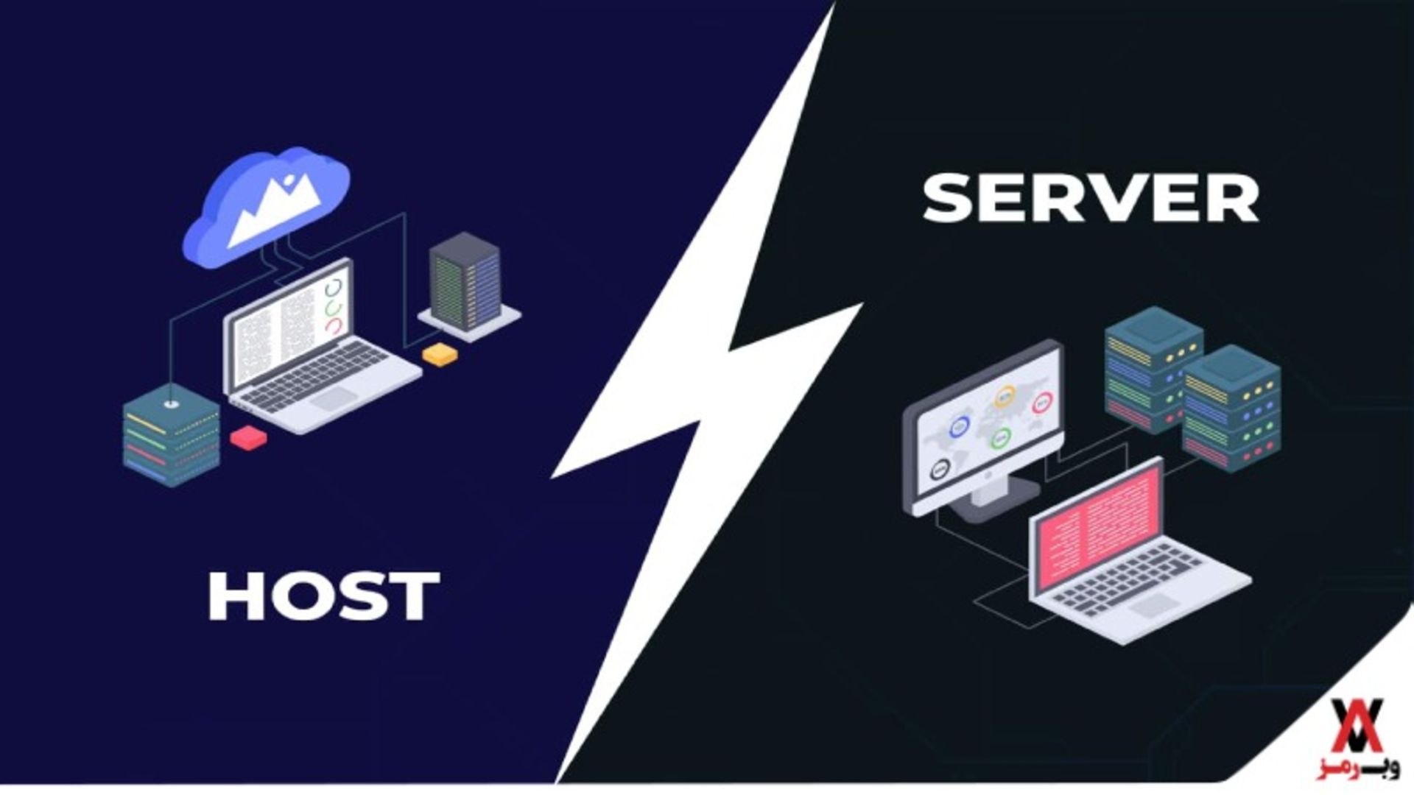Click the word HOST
pos(323,596)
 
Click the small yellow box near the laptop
pos(440,354)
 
